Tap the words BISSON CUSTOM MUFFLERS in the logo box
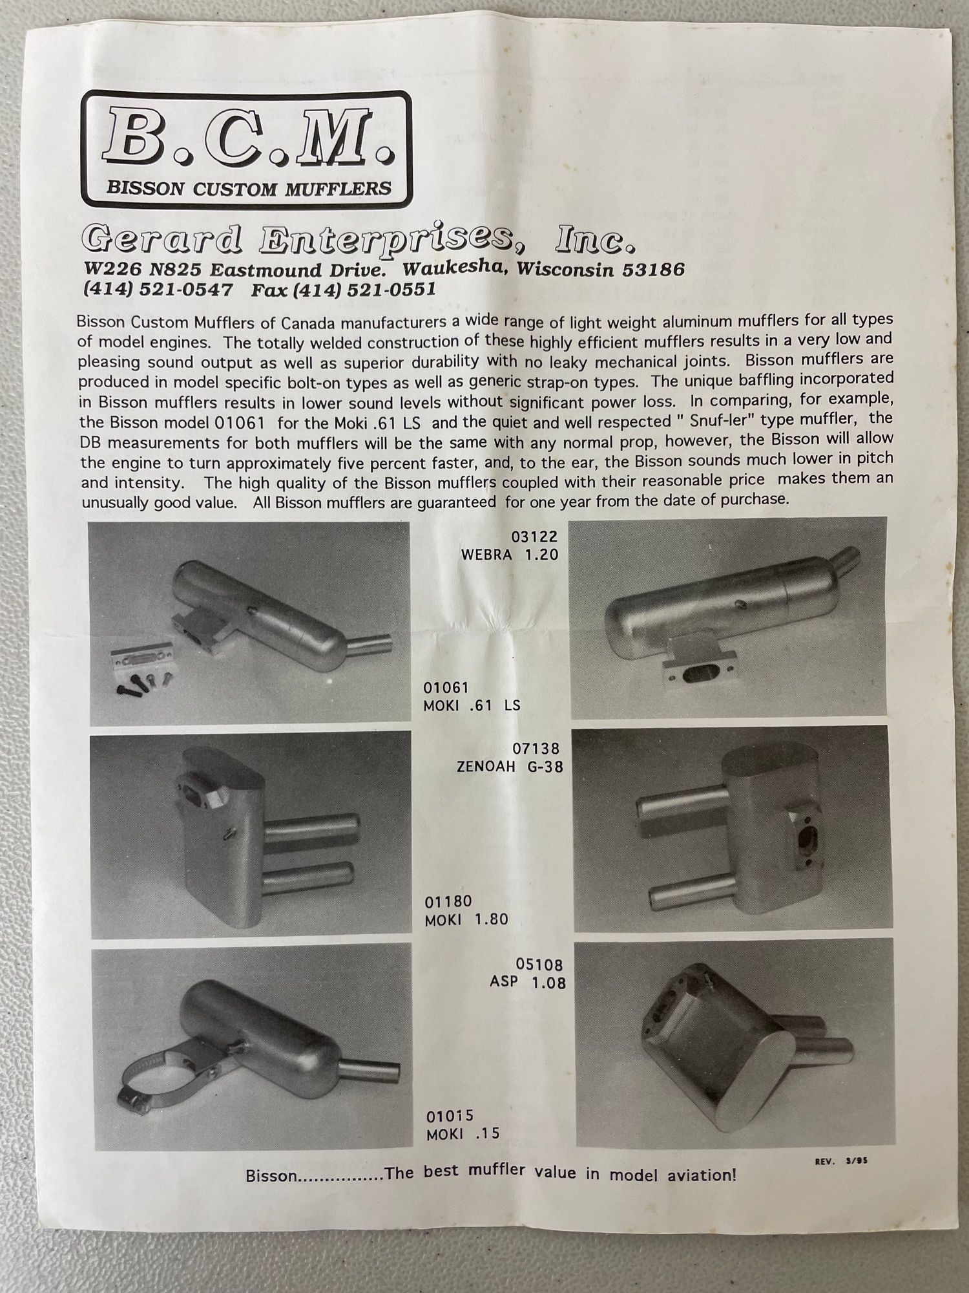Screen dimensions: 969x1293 (x=249, y=188)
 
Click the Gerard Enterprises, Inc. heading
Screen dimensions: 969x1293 (x=359, y=240)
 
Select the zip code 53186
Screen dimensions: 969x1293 (x=653, y=269)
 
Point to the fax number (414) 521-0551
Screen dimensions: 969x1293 (x=343, y=290)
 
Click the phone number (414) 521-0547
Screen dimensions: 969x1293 (x=158, y=289)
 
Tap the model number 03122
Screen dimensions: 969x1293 (x=534, y=537)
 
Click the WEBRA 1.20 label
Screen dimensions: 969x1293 (x=509, y=555)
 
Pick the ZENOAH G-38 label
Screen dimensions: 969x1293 (x=510, y=767)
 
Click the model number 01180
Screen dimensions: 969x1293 (x=448, y=901)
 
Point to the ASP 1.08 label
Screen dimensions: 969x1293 (x=528, y=982)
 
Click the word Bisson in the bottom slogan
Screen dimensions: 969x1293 (x=272, y=1175)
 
